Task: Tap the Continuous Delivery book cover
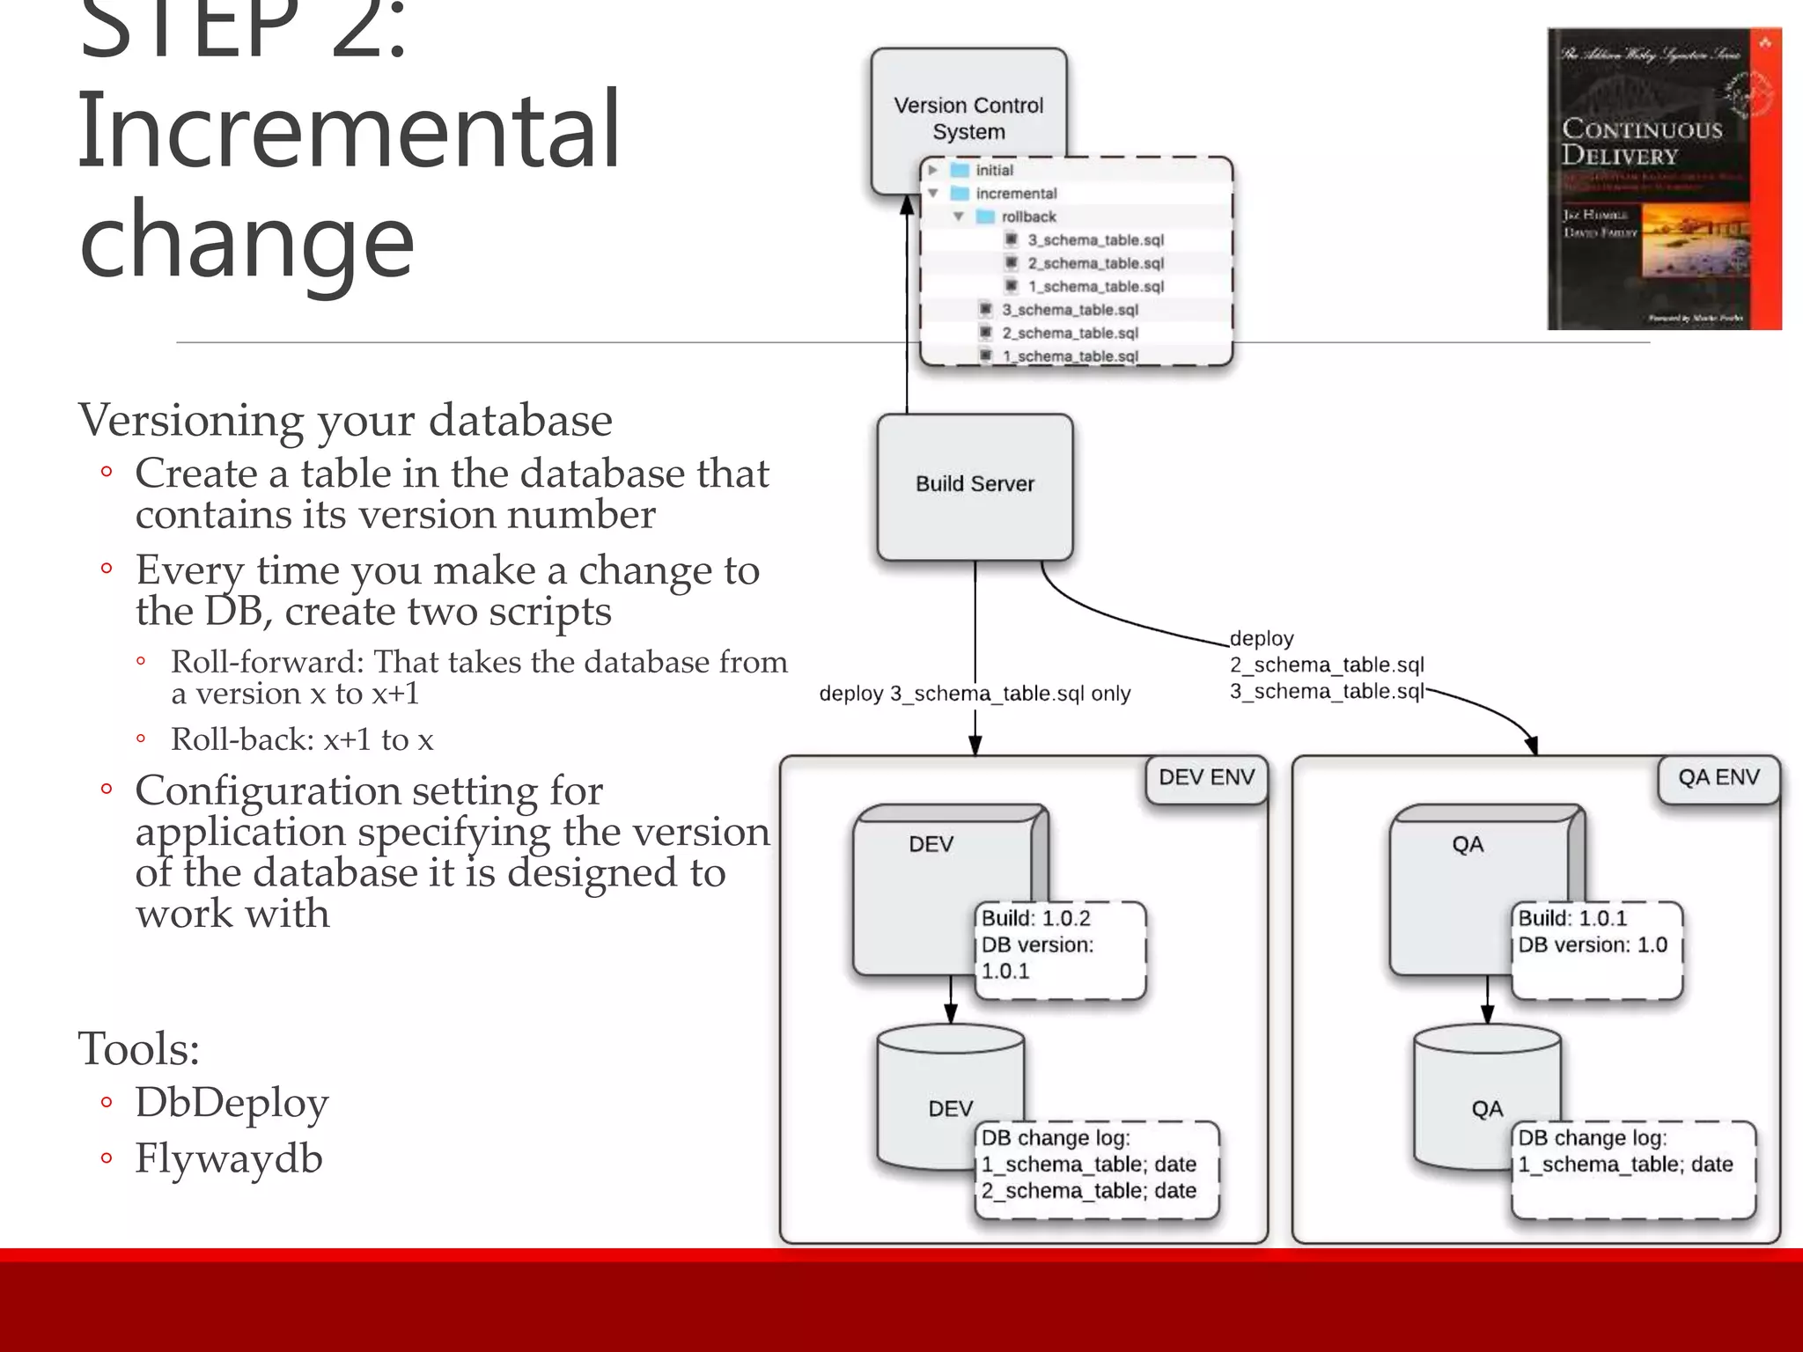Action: pyautogui.click(x=1664, y=180)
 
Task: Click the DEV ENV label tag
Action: pyautogui.click(x=1206, y=778)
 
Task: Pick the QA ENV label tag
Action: pyautogui.click(x=1718, y=778)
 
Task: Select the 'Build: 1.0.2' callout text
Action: pyautogui.click(x=1035, y=919)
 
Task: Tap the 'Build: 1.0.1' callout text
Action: pyautogui.click(x=1572, y=919)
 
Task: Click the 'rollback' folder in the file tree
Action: pyautogui.click(x=1027, y=217)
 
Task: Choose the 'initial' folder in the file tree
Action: pyautogui.click(x=994, y=170)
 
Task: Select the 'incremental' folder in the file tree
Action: pyautogui.click(x=1015, y=194)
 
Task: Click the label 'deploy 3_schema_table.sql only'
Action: pyautogui.click(x=975, y=694)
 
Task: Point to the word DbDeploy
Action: pyautogui.click(x=232, y=1103)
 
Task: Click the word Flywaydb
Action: pyautogui.click(x=229, y=1158)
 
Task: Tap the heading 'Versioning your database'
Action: pyautogui.click(x=345, y=420)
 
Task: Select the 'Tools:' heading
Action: pyautogui.click(x=139, y=1048)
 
